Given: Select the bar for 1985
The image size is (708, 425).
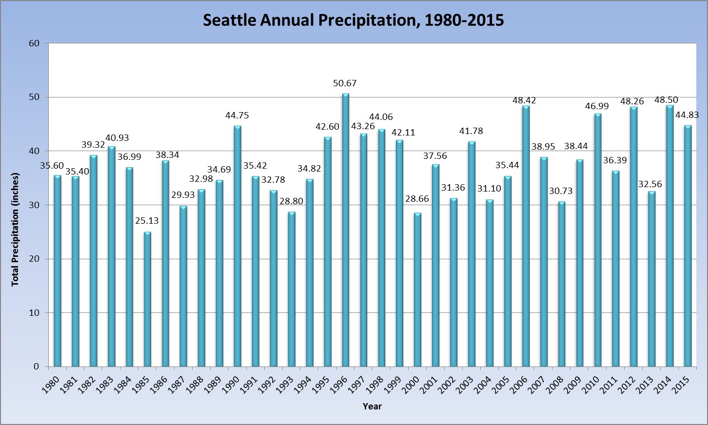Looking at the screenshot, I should pyautogui.click(x=147, y=299).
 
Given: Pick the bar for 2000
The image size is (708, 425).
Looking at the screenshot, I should pyautogui.click(x=417, y=290).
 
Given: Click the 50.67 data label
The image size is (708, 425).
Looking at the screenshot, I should pyautogui.click(x=345, y=83).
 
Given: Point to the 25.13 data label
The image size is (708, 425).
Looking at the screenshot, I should pyautogui.click(x=147, y=221).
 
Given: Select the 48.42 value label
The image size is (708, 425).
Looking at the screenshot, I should pyautogui.click(x=524, y=100).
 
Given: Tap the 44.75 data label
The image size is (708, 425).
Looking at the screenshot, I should pyautogui.click(x=237, y=116).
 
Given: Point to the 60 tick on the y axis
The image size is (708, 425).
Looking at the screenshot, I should pyautogui.click(x=34, y=43).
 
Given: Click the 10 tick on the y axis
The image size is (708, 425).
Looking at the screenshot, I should pyautogui.click(x=34, y=313).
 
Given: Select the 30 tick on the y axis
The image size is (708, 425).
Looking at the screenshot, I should pyautogui.click(x=34, y=205).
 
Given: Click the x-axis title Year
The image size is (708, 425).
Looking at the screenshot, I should pyautogui.click(x=372, y=406).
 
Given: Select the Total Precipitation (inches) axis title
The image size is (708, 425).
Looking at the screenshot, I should pyautogui.click(x=16, y=229).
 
